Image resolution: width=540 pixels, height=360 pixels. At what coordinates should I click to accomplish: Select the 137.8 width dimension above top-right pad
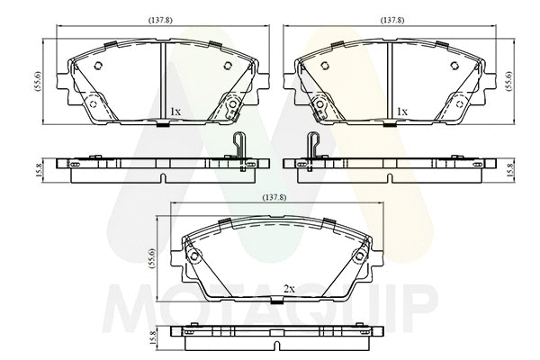(x=391, y=19)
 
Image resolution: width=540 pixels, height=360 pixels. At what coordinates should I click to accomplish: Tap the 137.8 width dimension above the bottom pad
(x=274, y=197)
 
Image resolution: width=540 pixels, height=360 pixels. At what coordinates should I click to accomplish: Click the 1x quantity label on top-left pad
(x=175, y=111)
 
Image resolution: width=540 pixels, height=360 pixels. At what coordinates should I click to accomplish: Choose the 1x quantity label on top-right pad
(x=402, y=111)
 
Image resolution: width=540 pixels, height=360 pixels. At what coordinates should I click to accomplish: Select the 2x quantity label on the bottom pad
(x=289, y=289)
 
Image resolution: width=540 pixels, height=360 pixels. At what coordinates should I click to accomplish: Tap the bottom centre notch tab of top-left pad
(x=161, y=124)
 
